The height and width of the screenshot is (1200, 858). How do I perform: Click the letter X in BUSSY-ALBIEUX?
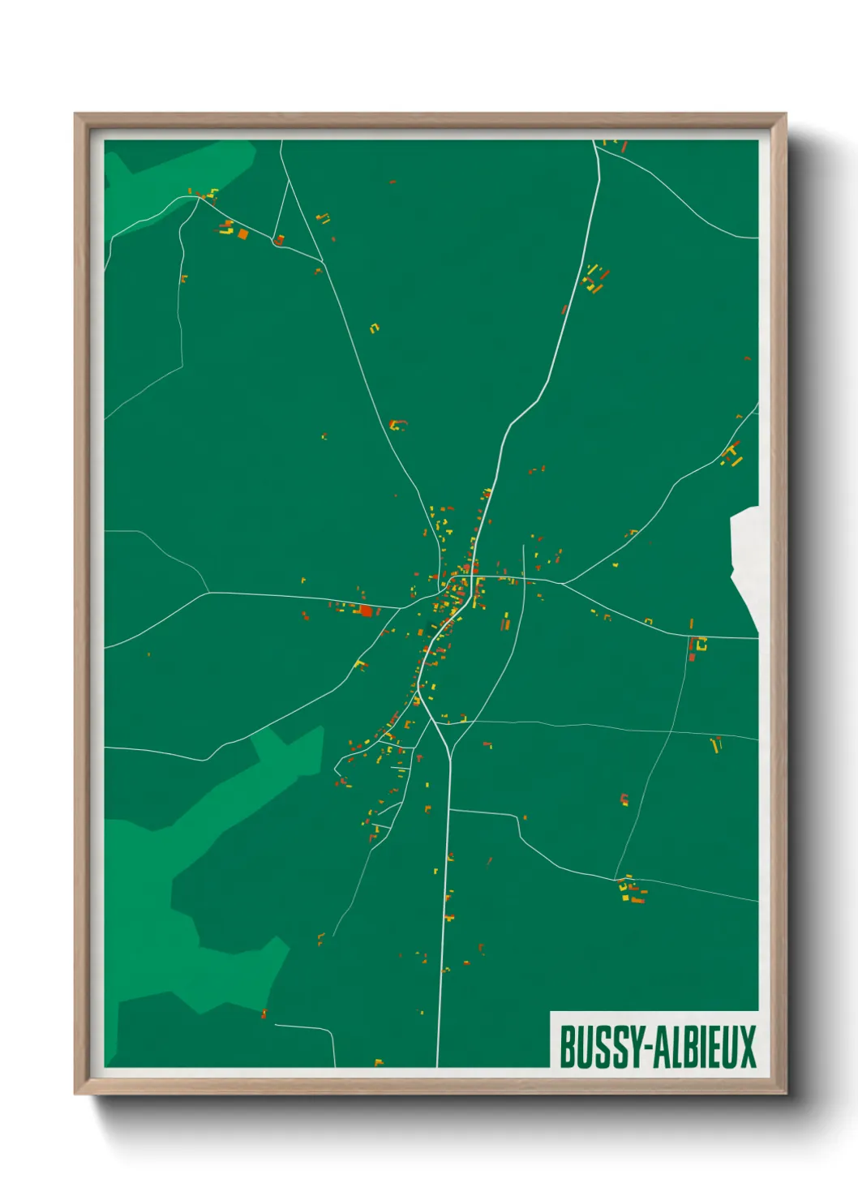(x=746, y=1048)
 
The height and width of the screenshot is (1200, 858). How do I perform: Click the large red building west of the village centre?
(x=366, y=611)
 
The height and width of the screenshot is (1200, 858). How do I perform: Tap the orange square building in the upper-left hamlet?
(x=242, y=234)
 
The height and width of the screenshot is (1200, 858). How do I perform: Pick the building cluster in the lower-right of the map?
(x=631, y=890)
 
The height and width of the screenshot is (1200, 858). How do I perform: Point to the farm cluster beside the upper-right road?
(x=596, y=278)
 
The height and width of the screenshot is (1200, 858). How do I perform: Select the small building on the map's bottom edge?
(x=378, y=1062)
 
